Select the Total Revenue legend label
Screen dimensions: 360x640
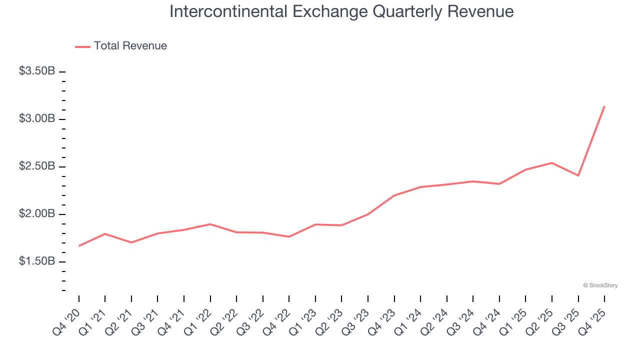click(x=130, y=46)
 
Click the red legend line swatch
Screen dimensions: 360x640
click(x=82, y=46)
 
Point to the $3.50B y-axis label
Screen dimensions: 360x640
click(x=37, y=71)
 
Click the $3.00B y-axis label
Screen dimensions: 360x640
click(x=37, y=119)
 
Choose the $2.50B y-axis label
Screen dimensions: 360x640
click(x=37, y=166)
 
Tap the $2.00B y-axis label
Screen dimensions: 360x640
click(x=37, y=214)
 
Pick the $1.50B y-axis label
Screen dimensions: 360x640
click(x=37, y=261)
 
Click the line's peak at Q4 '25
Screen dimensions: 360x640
click(x=604, y=106)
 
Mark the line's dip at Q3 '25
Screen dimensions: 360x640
click(x=578, y=175)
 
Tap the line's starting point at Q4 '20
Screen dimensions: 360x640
click(x=79, y=246)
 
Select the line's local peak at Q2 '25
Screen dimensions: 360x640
click(x=552, y=163)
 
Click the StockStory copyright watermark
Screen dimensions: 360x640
click(x=600, y=285)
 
